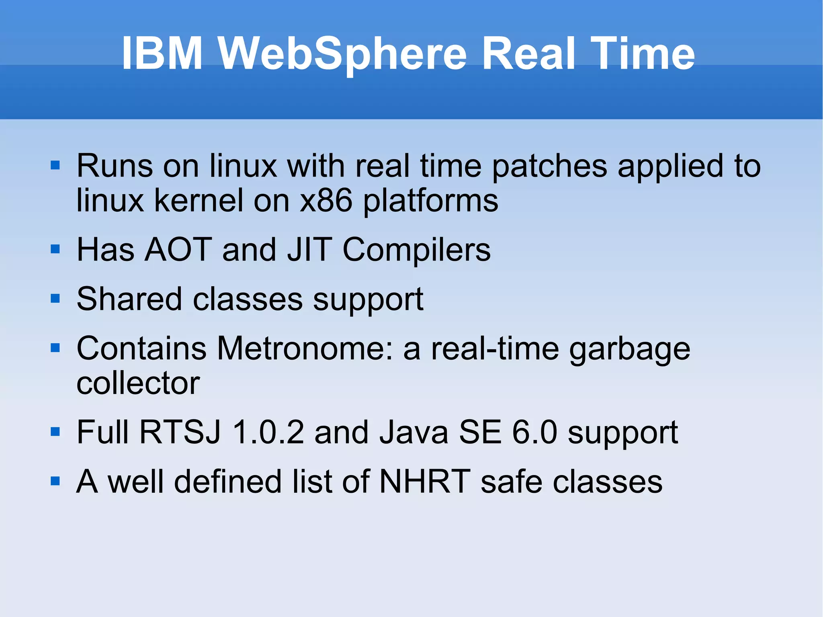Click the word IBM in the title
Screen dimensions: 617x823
click(162, 53)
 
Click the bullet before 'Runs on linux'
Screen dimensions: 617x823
click(55, 165)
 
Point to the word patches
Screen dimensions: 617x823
click(549, 166)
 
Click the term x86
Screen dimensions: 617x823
click(326, 201)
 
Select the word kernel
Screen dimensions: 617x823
click(199, 201)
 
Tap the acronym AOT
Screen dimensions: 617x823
click(178, 250)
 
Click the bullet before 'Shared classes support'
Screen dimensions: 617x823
click(55, 299)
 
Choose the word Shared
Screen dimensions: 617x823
click(129, 299)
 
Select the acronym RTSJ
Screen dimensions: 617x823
click(180, 433)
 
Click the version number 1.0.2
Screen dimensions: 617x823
click(268, 433)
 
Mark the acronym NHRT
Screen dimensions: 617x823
click(425, 482)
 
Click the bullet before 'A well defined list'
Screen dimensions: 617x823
click(55, 481)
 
